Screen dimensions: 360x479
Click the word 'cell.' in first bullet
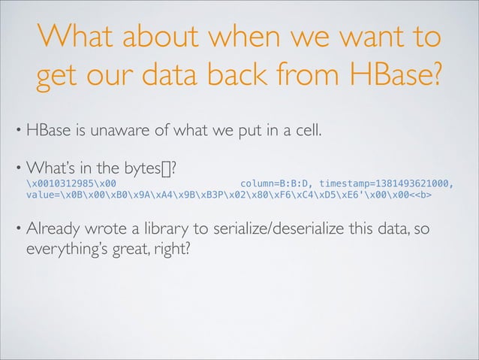[305, 133]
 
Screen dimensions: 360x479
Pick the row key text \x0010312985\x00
[71, 183]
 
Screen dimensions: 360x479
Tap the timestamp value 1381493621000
[414, 183]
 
